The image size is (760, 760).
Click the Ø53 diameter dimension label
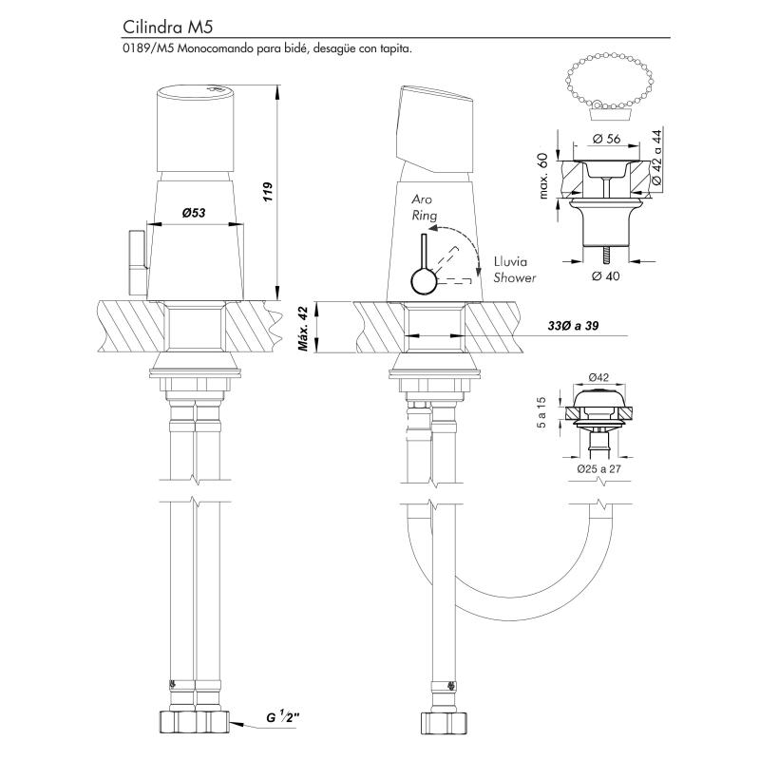click(x=196, y=213)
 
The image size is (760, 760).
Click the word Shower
click(x=514, y=278)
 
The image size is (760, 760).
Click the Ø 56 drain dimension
click(x=606, y=139)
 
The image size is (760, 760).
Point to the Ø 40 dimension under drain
click(x=606, y=276)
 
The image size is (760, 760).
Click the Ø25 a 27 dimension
click(x=598, y=468)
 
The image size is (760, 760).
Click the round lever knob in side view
click(x=423, y=282)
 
